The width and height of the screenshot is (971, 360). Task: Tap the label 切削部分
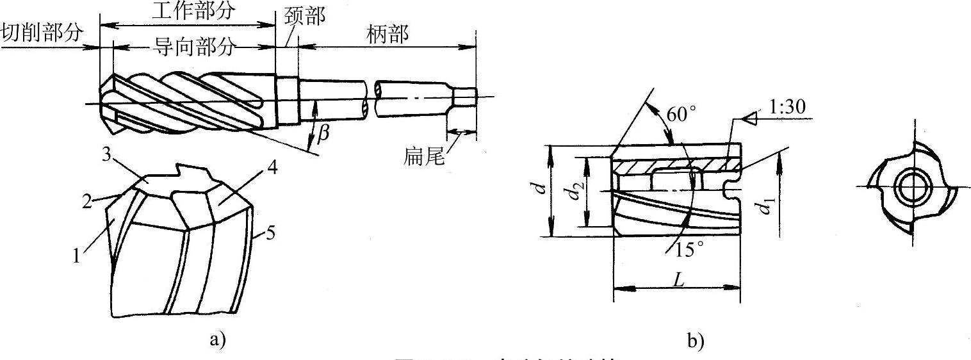coord(42,33)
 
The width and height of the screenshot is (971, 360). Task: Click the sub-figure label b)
coord(696,341)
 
